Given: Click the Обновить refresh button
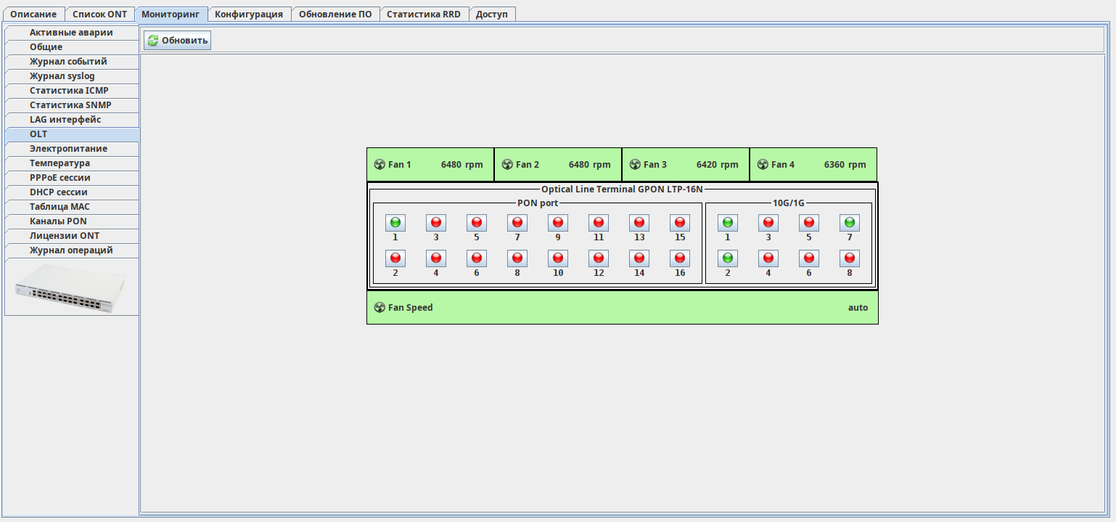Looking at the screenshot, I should tap(178, 41).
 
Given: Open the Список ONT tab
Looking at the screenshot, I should tap(99, 15).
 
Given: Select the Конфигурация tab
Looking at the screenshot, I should tap(249, 15).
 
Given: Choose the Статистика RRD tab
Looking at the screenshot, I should tap(423, 15).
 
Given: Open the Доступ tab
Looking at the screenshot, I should tap(492, 15).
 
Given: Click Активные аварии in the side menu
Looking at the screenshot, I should tap(71, 33).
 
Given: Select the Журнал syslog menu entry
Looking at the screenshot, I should tap(62, 76).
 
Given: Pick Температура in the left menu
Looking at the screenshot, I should tap(60, 163).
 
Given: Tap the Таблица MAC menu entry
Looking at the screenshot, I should tap(60, 207).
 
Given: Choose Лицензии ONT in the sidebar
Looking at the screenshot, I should tap(65, 236).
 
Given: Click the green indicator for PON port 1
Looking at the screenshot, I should tap(395, 223).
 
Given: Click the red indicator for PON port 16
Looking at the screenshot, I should tap(680, 258).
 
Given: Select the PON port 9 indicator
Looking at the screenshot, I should tap(558, 223).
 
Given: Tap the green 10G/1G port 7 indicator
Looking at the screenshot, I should tap(850, 223).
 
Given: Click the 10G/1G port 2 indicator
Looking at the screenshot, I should tap(728, 258).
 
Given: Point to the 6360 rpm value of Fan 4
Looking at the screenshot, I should tap(845, 165).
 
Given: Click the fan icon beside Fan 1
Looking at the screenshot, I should tap(379, 165).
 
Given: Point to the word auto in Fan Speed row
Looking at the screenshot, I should tap(858, 308).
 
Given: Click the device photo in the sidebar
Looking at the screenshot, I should tap(70, 287).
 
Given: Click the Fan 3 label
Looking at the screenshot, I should tap(655, 165).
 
